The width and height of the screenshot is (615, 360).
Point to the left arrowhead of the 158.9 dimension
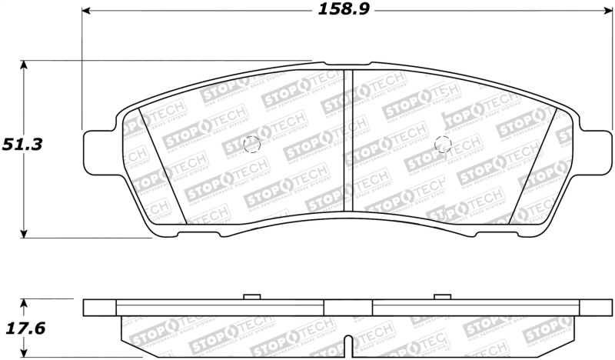coord(87,11)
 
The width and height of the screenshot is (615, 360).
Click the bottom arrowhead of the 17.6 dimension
coord(25,355)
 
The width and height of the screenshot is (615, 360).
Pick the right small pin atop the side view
coord(441,296)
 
